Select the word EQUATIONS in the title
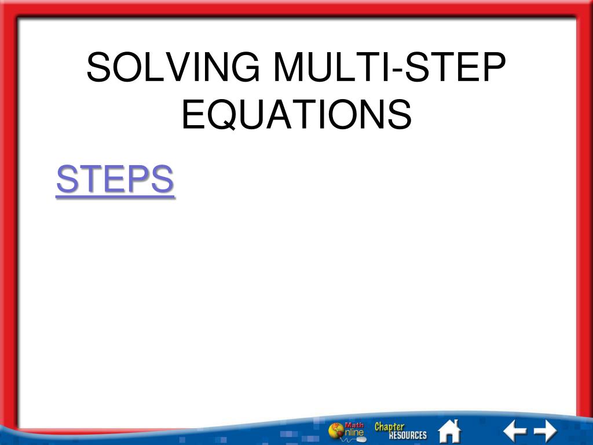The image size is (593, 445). (x=296, y=114)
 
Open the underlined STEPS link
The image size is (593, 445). (x=115, y=180)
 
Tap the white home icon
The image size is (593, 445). (x=449, y=431)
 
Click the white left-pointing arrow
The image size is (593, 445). (x=514, y=431)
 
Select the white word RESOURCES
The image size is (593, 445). (x=407, y=436)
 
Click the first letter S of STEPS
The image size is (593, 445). (x=67, y=180)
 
